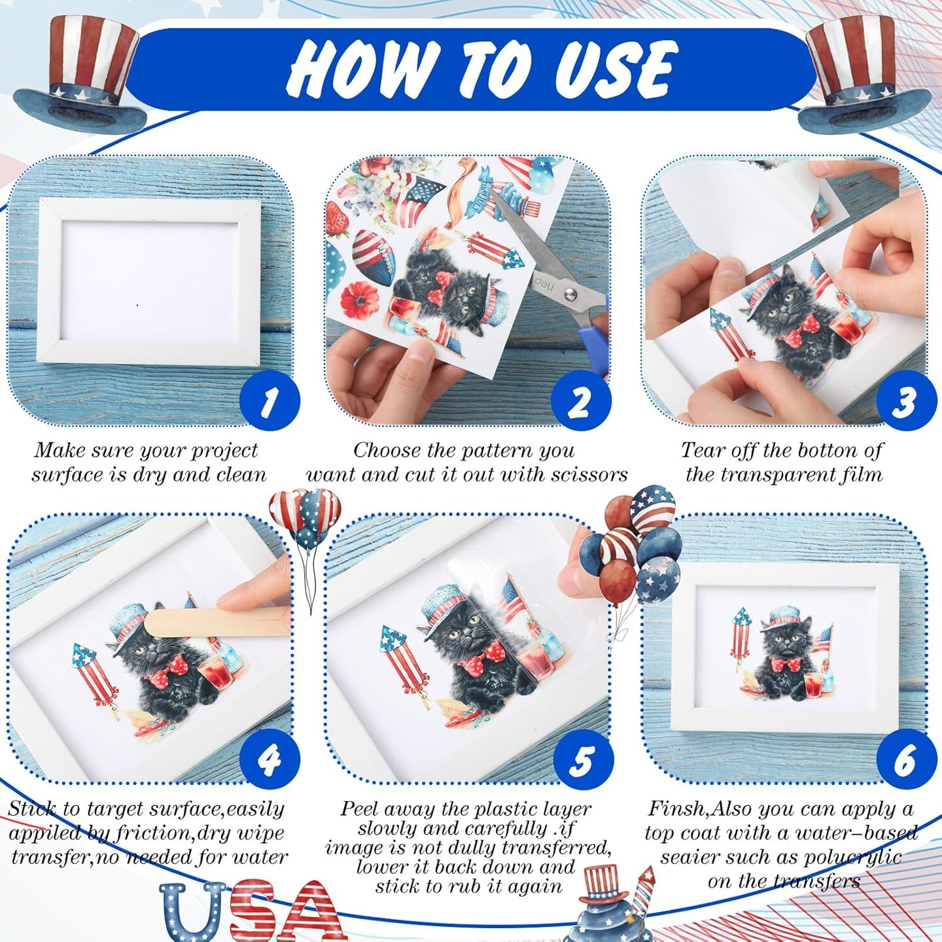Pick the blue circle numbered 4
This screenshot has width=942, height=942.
270,759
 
